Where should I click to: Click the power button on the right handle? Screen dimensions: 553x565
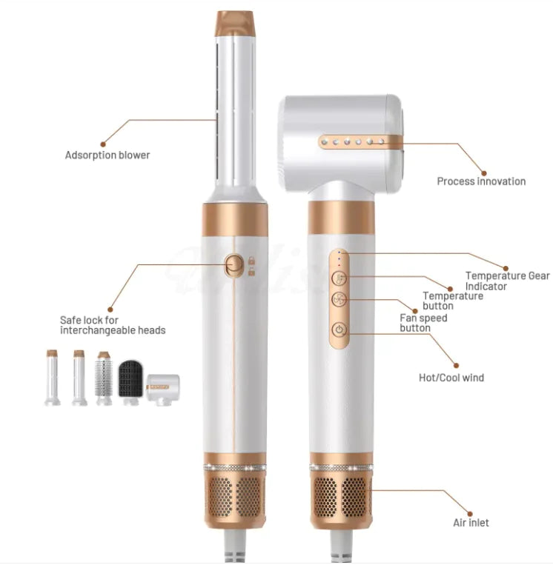point(339,330)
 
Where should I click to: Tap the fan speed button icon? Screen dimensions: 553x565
point(339,299)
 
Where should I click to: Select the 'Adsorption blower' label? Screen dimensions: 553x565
point(107,155)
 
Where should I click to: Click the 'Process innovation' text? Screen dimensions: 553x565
point(481,181)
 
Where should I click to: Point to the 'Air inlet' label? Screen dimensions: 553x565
point(471,523)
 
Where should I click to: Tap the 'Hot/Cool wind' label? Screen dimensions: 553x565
point(451,377)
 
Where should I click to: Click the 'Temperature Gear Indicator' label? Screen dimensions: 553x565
point(508,281)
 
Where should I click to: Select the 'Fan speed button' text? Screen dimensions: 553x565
point(423,323)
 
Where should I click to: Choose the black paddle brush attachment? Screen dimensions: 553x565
point(130,378)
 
